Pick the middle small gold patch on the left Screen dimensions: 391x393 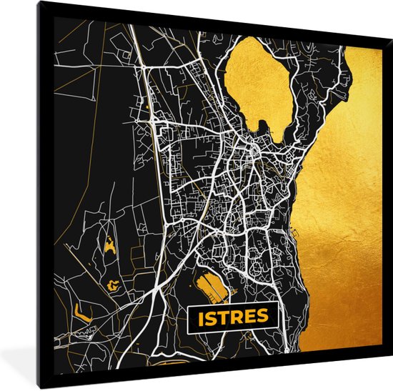(113, 284)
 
